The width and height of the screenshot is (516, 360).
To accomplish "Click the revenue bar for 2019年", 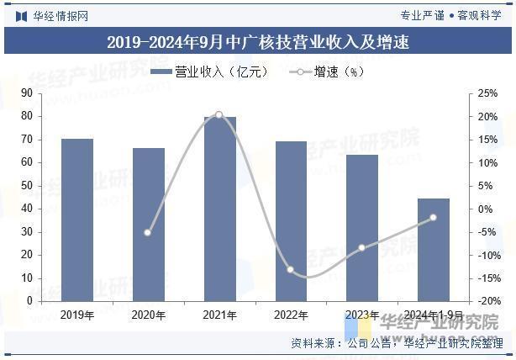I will coord(77,220).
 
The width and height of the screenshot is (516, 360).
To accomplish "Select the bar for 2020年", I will coord(149,224).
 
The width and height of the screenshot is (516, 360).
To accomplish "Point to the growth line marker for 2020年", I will coord(149,232).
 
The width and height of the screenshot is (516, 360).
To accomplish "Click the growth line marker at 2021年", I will coord(219,114).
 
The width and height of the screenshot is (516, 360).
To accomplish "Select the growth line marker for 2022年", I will coord(291,270).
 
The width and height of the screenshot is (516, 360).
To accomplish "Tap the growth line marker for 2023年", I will coord(362,248).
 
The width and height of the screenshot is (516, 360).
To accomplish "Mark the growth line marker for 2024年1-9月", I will coord(434,218).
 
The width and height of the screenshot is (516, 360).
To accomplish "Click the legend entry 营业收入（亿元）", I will coord(210,72).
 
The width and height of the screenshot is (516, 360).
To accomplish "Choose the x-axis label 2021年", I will coord(220,315).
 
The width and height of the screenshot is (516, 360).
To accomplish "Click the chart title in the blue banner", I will coord(258,42).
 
